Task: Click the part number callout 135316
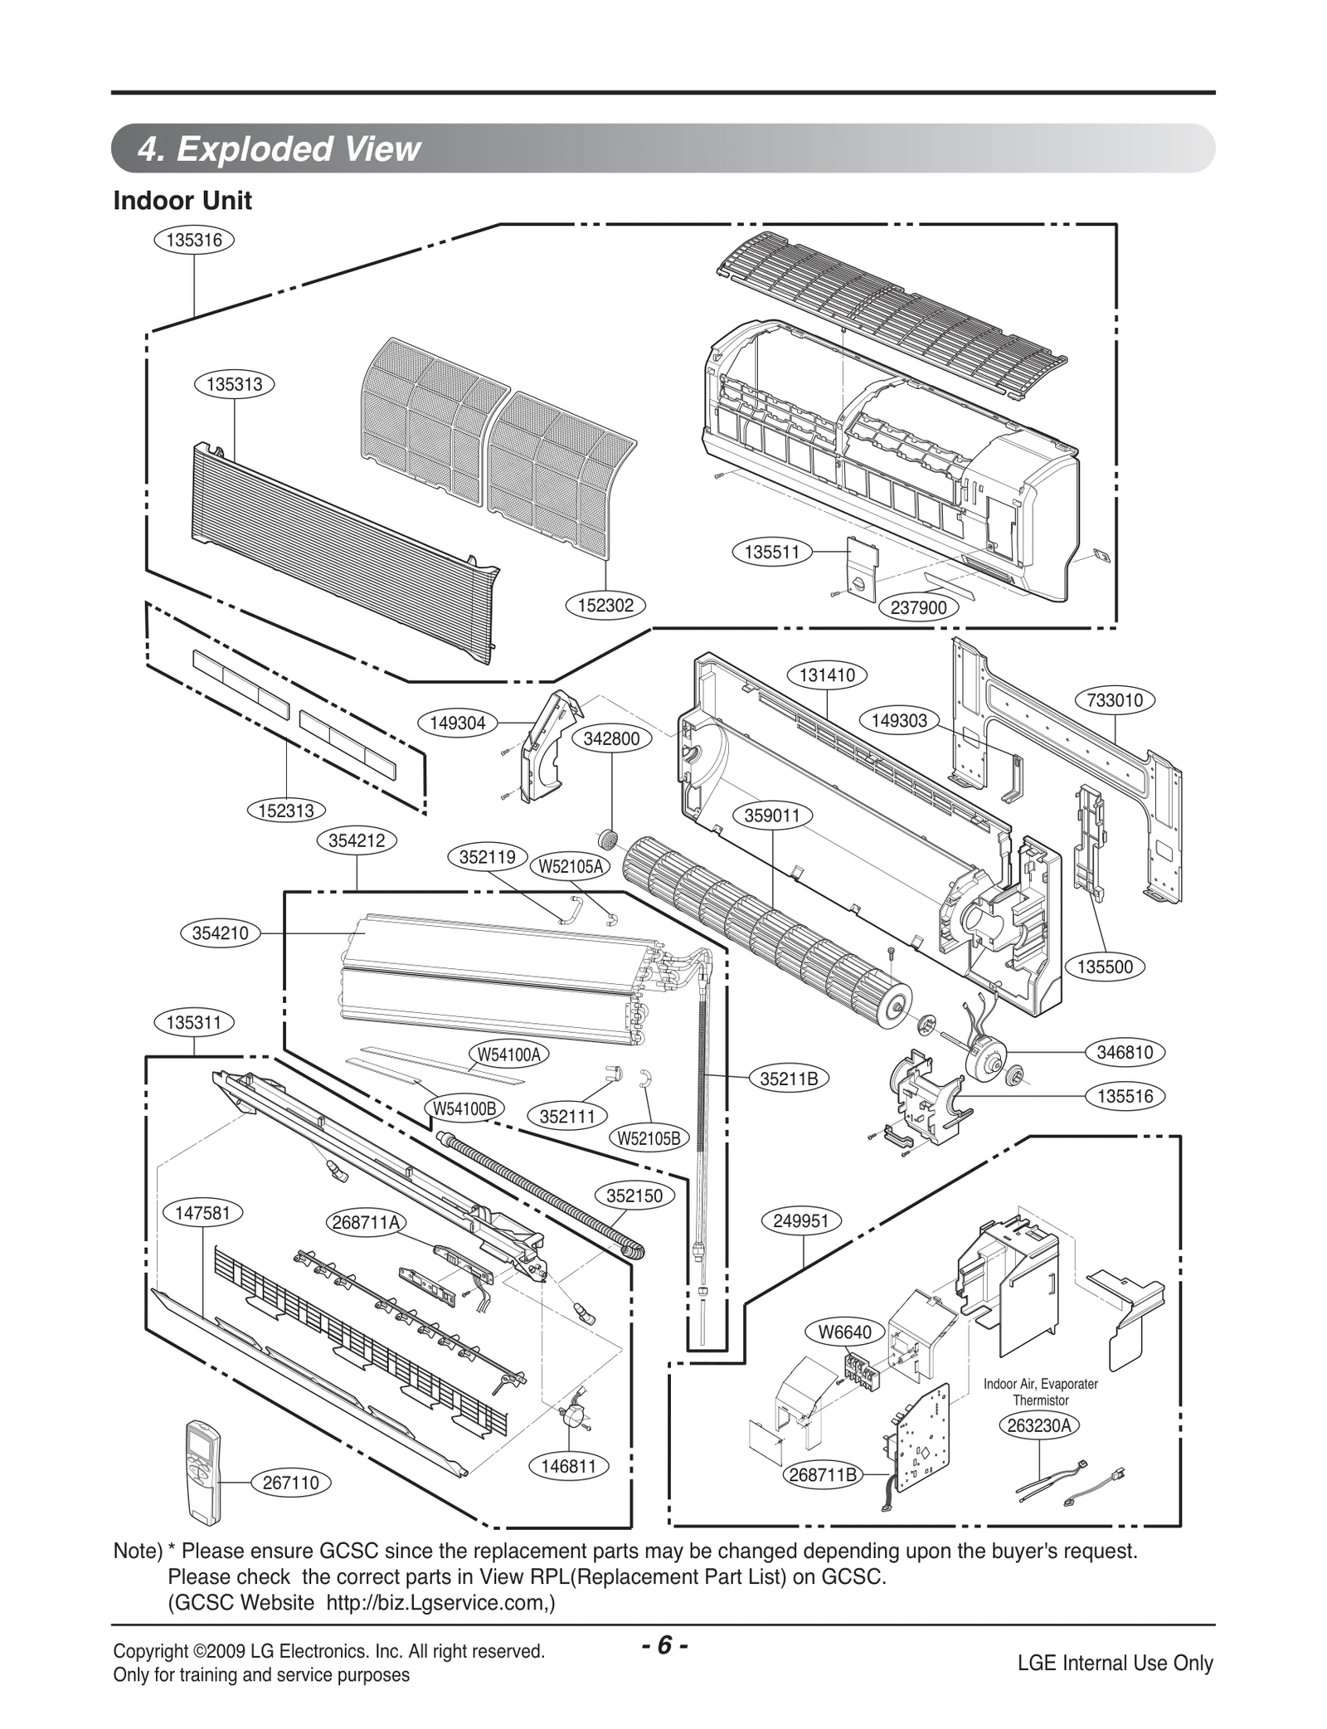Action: [x=194, y=240]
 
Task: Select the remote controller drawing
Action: [x=203, y=1472]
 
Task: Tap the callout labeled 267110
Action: [x=290, y=1483]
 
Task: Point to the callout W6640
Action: [x=845, y=1332]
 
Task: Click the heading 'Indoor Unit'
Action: [x=182, y=201]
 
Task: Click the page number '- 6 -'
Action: [x=663, y=1645]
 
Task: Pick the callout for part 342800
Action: [x=612, y=738]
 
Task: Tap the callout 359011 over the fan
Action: [x=772, y=816]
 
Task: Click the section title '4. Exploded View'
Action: [x=279, y=149]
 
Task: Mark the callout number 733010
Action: [x=1115, y=700]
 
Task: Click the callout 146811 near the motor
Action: [x=568, y=1466]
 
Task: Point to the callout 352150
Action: [x=634, y=1196]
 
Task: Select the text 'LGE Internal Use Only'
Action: [x=1115, y=1663]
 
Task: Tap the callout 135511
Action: [x=772, y=552]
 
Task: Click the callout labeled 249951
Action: [x=800, y=1221]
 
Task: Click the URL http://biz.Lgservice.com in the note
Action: [x=439, y=1602]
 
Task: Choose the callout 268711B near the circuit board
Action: [x=824, y=1475]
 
